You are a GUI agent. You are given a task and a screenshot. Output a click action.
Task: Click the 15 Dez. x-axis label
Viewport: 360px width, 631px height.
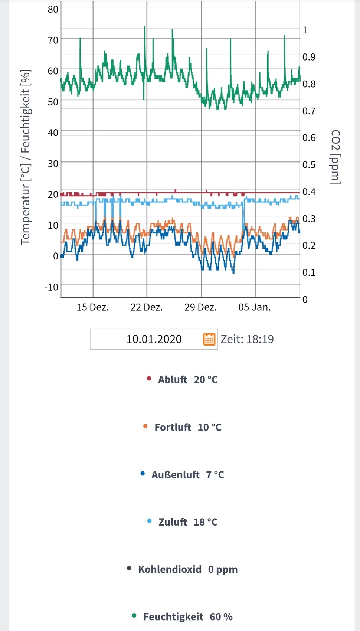[x=92, y=307]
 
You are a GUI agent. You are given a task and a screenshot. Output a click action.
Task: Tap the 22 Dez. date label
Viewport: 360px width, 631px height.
[x=147, y=307]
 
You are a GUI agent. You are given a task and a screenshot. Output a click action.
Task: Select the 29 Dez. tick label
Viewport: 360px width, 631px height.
[x=200, y=307]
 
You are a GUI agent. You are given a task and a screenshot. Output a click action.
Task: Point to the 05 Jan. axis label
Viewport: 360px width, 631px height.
[x=255, y=307]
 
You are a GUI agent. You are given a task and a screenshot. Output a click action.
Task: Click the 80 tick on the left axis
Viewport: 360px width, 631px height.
[x=53, y=9]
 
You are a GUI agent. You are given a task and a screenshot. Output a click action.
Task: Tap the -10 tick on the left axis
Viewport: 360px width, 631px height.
[x=51, y=287]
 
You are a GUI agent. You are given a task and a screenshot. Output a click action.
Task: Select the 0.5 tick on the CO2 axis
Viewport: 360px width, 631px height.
[x=309, y=164]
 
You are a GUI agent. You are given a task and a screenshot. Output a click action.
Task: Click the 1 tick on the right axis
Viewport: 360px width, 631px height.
[x=305, y=30]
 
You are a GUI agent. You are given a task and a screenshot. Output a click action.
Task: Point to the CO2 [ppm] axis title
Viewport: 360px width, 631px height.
[x=335, y=157]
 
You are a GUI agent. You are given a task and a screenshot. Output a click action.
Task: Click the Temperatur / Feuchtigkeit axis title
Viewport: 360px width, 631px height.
[x=25, y=157]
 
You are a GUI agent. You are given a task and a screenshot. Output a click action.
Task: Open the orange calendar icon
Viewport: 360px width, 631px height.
[x=209, y=339]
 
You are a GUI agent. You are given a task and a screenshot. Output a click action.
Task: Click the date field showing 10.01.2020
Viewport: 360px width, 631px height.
[x=154, y=339]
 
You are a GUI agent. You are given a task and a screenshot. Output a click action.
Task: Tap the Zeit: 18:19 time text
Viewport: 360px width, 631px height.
[x=247, y=339]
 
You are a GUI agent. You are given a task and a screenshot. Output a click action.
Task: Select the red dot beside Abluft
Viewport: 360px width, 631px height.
[x=149, y=379]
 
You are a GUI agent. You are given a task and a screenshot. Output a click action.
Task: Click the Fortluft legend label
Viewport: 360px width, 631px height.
[x=173, y=427]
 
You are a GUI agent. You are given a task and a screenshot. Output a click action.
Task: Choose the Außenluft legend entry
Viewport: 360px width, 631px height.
[x=175, y=475]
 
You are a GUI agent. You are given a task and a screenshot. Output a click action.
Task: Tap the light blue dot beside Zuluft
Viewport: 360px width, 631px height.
[x=150, y=521]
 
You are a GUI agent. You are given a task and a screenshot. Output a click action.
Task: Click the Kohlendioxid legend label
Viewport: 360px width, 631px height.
[x=170, y=569]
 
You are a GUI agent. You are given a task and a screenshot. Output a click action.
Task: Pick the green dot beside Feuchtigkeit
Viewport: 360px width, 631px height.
[x=134, y=616]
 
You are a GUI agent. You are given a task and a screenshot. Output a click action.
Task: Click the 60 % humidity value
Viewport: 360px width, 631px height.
[x=221, y=617]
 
